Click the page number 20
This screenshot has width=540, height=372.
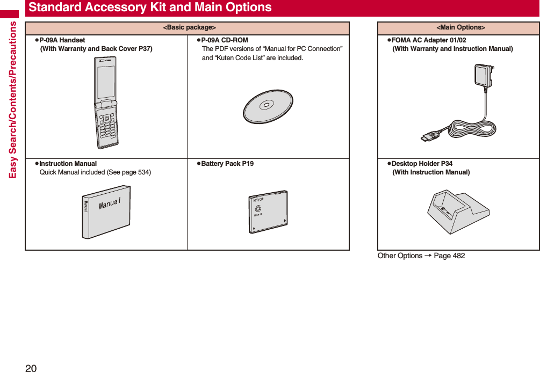click(x=31, y=368)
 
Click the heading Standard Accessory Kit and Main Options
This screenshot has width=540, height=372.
click(x=150, y=8)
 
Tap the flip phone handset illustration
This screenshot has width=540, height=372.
click(x=107, y=103)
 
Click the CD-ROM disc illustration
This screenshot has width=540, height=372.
click(x=268, y=106)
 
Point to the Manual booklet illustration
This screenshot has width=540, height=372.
click(x=106, y=211)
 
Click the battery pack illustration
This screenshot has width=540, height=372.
click(x=268, y=211)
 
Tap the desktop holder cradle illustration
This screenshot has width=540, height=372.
click(x=458, y=211)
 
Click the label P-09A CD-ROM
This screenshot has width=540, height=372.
click(x=224, y=40)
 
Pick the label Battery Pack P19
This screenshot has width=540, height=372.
click(x=227, y=164)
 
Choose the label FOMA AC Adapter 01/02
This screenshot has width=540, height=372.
click(x=429, y=40)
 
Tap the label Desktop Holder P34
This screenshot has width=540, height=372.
click(x=422, y=164)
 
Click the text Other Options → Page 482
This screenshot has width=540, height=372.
click(x=421, y=256)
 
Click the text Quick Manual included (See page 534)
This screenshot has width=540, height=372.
click(x=95, y=172)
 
